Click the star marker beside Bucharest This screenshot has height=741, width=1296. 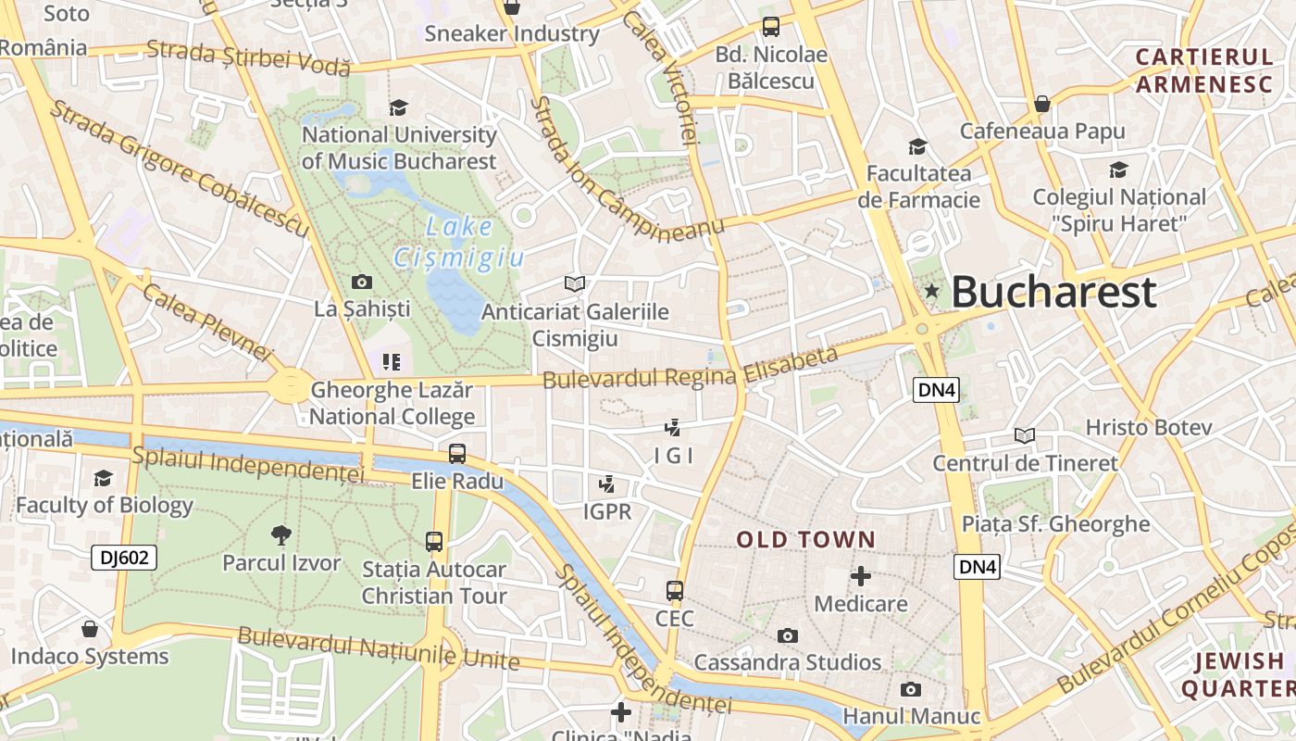[932, 292]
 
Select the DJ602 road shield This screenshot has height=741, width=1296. [124, 558]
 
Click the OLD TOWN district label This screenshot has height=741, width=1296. [805, 539]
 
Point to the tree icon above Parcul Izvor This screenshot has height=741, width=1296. [281, 534]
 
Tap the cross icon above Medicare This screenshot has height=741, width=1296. [861, 576]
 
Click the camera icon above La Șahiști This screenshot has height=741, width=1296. [362, 282]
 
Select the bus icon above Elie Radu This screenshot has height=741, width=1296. [457, 454]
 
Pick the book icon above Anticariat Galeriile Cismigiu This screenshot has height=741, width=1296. [575, 283]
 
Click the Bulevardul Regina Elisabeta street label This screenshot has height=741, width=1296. [690, 368]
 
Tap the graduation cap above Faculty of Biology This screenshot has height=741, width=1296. [104, 478]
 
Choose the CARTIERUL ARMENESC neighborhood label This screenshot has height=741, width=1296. [1204, 70]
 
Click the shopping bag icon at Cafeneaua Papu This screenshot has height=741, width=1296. [1042, 104]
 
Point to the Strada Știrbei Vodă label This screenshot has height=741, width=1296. [249, 57]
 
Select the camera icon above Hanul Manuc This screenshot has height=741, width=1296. [911, 690]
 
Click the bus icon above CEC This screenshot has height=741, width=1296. [675, 590]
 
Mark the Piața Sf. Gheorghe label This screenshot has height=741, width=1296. [1055, 523]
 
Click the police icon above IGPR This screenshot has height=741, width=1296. [607, 484]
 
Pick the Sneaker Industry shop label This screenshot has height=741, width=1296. [512, 34]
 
